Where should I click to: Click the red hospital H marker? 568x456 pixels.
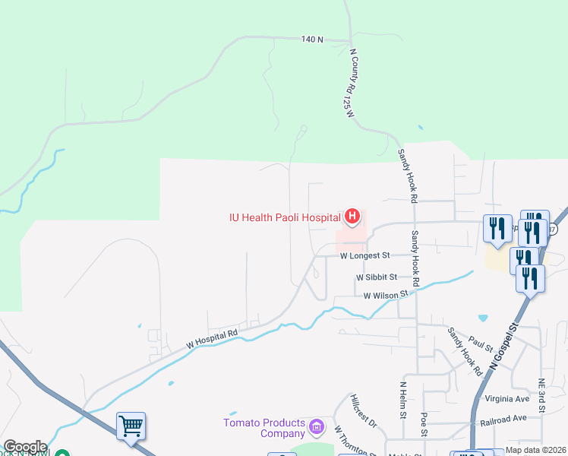(352, 217)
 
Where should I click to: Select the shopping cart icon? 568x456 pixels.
(131, 426)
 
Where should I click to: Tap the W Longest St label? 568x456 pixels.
(364, 256)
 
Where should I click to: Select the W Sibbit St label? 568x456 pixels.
(377, 277)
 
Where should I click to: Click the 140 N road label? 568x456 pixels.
(312, 39)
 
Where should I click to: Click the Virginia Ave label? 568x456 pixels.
(511, 398)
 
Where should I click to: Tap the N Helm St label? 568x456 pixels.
(402, 400)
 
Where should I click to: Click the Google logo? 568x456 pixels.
(24, 447)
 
